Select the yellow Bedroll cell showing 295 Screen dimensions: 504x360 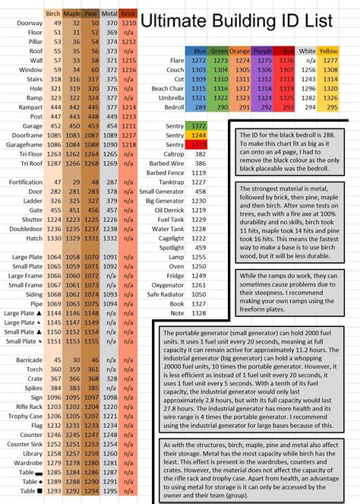(x=328, y=107)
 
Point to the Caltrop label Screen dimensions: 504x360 (x=170, y=154)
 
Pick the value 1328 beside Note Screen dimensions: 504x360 (x=199, y=312)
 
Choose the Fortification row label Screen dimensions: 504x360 (x=26, y=182)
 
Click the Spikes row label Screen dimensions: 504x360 (x=31, y=388)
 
